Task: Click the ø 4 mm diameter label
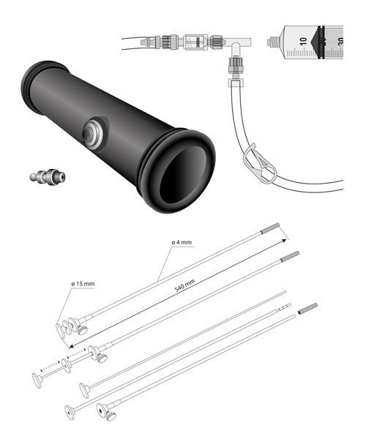[x=182, y=242]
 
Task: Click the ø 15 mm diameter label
[x=83, y=284]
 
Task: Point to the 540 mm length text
[x=184, y=285]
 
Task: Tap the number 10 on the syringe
[x=303, y=42]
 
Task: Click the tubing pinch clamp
[x=260, y=164]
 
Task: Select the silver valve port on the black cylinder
[x=93, y=134]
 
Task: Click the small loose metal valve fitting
[x=48, y=177]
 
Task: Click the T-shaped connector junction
[x=237, y=44]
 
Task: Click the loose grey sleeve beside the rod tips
[x=307, y=308]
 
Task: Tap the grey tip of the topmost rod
[x=270, y=228]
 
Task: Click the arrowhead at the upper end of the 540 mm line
[x=284, y=241]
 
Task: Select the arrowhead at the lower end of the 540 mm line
[x=72, y=346]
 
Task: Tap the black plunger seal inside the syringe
[x=321, y=42]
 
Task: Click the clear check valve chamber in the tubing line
[x=196, y=42]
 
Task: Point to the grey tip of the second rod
[x=290, y=257]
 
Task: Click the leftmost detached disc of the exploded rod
[x=37, y=380]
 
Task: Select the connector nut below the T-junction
[x=235, y=65]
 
